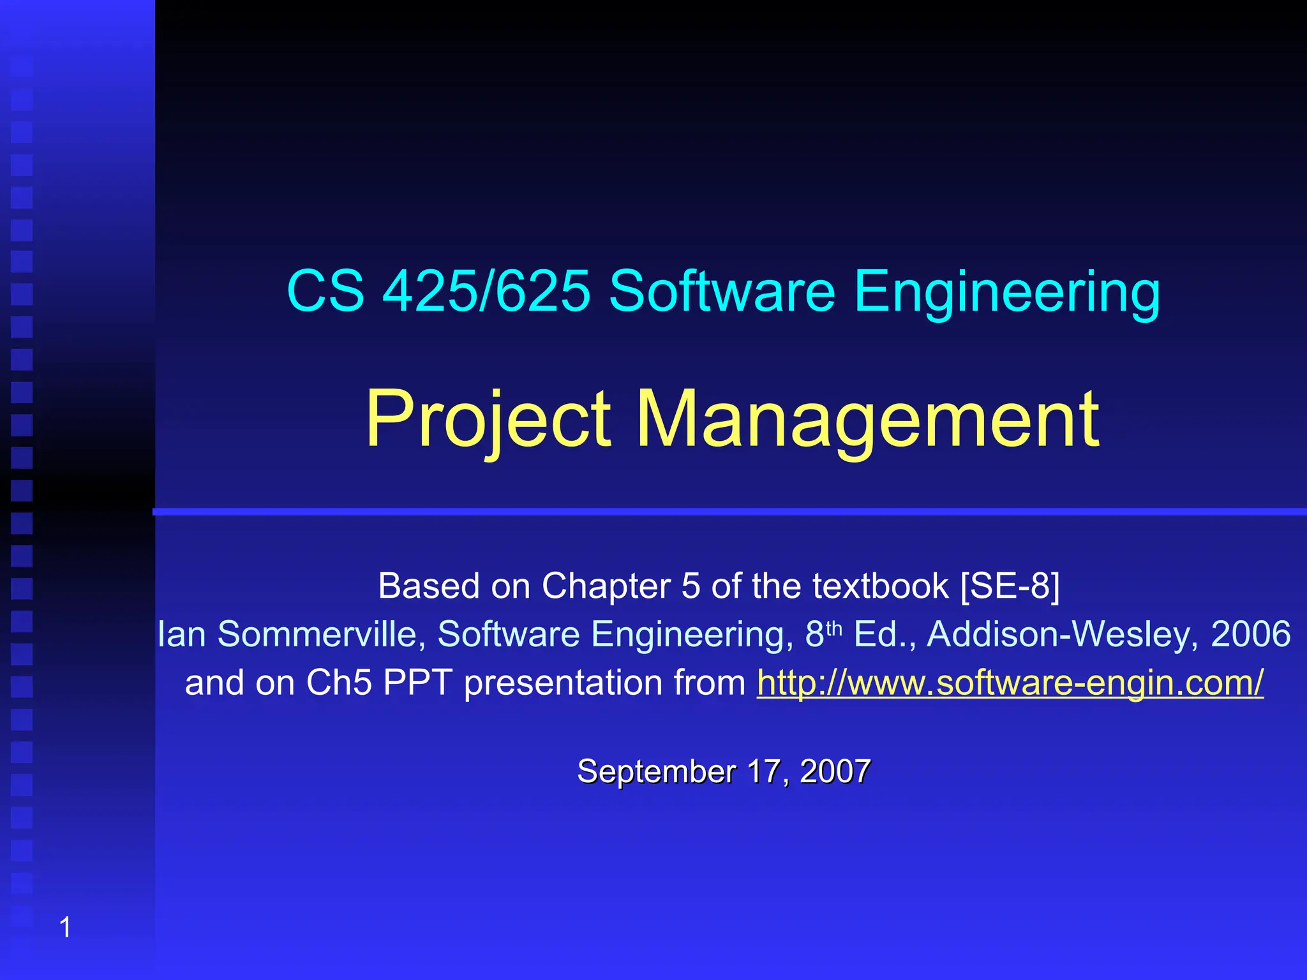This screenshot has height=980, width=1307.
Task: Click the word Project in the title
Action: (x=489, y=420)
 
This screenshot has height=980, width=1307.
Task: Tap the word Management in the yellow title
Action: (x=868, y=420)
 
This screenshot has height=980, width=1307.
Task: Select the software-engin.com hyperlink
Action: (x=1010, y=683)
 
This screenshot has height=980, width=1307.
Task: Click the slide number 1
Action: (x=65, y=927)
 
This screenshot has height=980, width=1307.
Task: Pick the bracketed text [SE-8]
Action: (x=1010, y=586)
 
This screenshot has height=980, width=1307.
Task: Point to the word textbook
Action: (x=881, y=586)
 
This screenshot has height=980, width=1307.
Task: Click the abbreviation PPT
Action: (x=417, y=683)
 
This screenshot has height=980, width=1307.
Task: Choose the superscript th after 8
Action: (x=834, y=628)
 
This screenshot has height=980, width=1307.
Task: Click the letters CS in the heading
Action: (x=325, y=291)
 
